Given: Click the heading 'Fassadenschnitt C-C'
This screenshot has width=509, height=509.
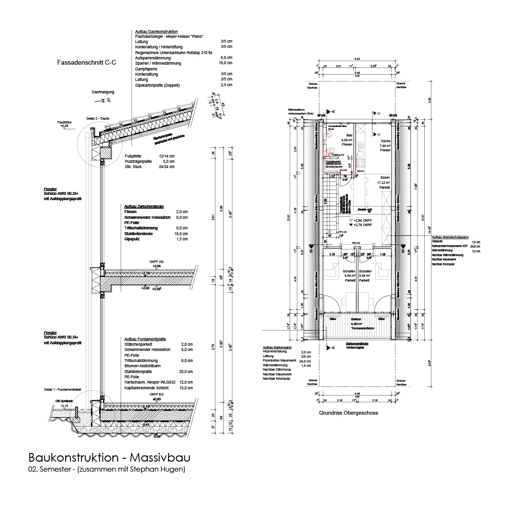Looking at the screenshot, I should pyautogui.click(x=86, y=62).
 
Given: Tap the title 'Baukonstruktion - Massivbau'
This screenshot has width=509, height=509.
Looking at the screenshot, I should pyautogui.click(x=112, y=457).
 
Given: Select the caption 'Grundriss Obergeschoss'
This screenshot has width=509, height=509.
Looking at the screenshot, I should pyautogui.click(x=349, y=412).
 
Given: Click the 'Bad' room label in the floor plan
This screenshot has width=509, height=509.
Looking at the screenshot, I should pyautogui.click(x=350, y=136).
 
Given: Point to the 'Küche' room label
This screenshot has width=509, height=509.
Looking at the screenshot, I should pyautogui.click(x=386, y=141).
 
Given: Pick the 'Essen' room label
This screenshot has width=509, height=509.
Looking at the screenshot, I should pyautogui.click(x=386, y=178).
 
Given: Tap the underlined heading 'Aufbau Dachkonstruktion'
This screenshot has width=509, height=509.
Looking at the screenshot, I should pyautogui.click(x=157, y=31).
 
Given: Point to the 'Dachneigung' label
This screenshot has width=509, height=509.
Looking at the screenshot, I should pyautogui.click(x=103, y=92).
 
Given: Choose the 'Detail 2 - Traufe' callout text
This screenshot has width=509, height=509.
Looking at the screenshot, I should pyautogui.click(x=98, y=118).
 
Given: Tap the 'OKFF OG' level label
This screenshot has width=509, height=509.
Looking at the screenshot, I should pyautogui.click(x=156, y=261).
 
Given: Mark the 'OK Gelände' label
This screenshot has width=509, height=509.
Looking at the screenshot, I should pyautogui.click(x=65, y=401).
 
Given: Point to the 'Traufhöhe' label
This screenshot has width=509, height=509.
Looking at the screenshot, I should pyautogui.click(x=64, y=123).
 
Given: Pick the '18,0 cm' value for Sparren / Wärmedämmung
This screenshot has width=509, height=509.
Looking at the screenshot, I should pyautogui.click(x=226, y=63).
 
